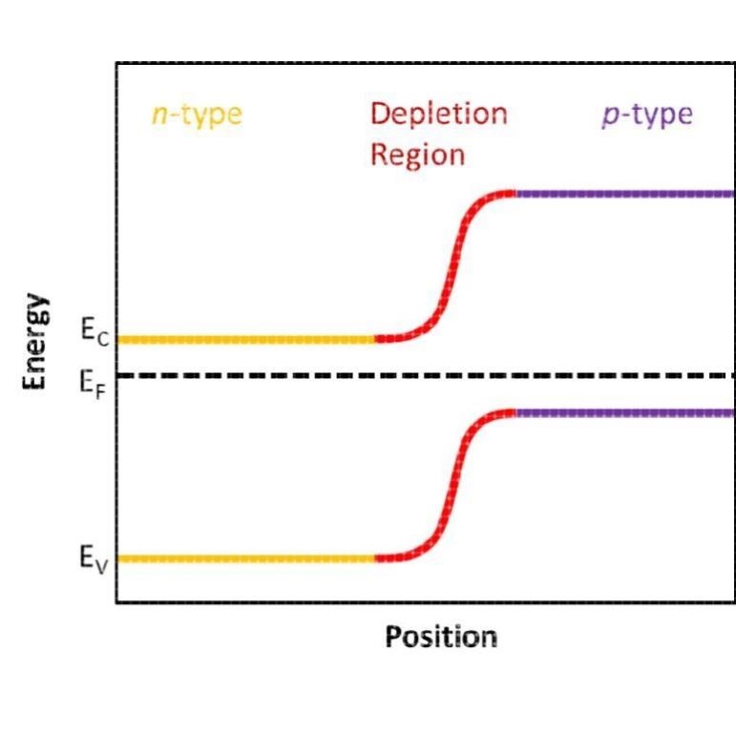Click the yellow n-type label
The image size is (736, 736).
197,115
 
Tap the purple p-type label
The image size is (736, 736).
646,115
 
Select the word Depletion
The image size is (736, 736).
438,114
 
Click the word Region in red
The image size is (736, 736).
417,154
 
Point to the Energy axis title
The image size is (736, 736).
35,341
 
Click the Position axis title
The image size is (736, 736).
440,637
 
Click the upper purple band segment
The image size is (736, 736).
625,194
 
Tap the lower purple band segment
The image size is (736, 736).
625,412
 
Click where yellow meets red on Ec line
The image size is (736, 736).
375,339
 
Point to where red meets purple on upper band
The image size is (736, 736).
515,194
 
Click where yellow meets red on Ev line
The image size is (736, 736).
375,557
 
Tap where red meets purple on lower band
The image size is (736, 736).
515,412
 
